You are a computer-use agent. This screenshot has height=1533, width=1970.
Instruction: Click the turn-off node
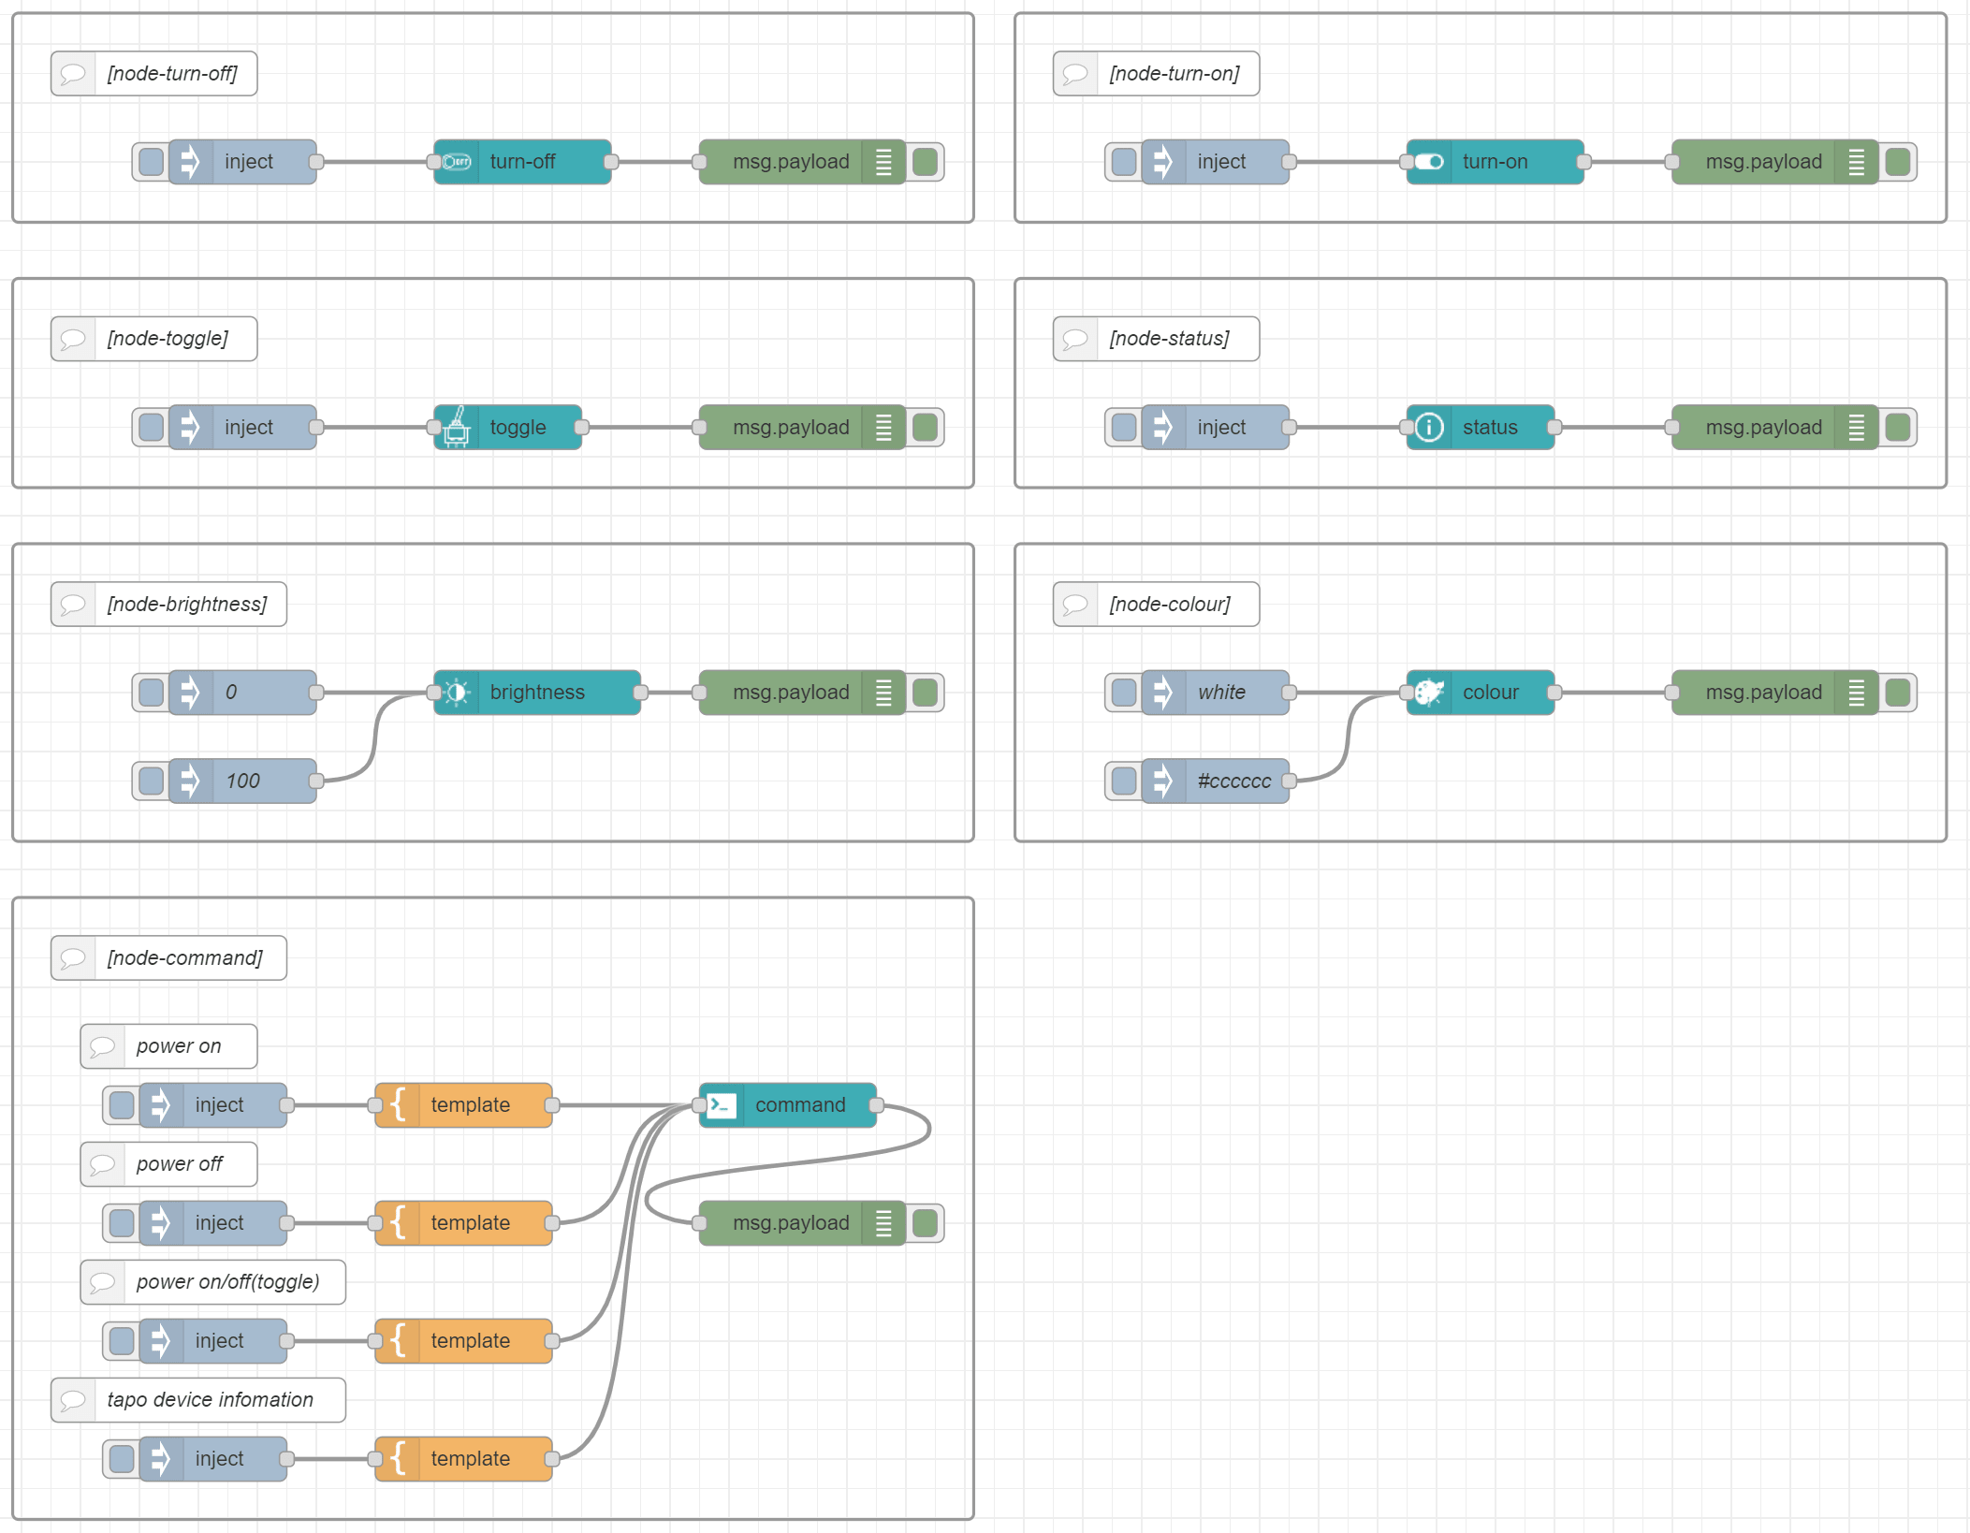(522, 162)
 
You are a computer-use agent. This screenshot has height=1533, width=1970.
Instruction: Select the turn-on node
(1495, 162)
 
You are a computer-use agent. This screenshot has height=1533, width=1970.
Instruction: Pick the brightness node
(537, 693)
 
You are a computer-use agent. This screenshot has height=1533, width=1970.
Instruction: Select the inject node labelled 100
(243, 781)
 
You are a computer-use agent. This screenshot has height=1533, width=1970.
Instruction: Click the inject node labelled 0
(243, 693)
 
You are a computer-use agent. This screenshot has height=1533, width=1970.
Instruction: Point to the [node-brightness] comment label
(186, 605)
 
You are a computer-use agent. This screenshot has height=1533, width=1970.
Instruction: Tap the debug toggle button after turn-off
(926, 162)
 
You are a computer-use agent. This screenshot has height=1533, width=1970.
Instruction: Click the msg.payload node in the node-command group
(791, 1223)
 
